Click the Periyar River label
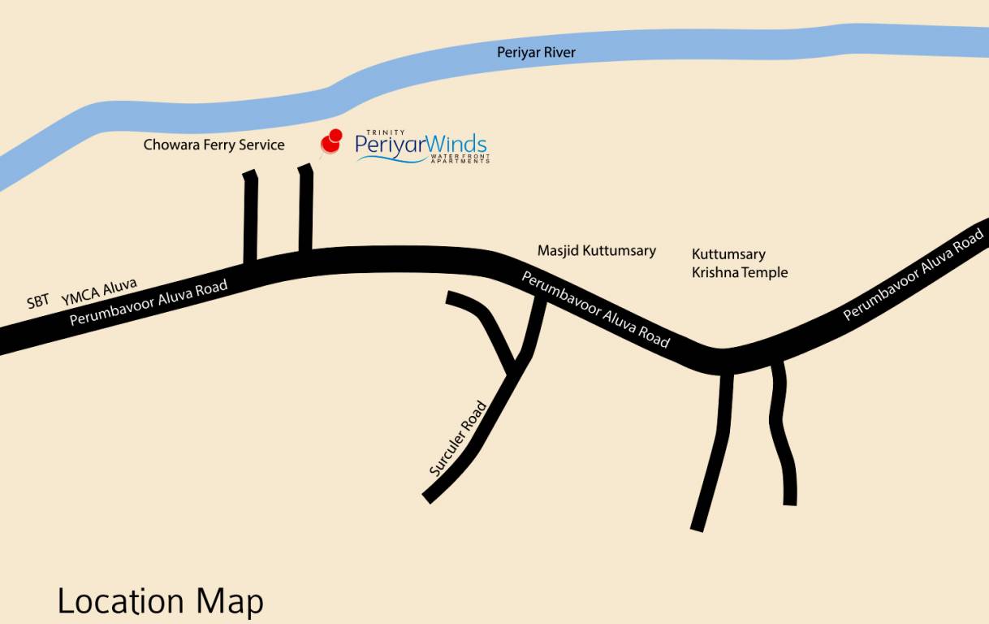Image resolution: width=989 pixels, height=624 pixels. [536, 53]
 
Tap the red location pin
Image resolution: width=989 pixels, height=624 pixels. [331, 141]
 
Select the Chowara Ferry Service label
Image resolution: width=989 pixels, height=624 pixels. [214, 145]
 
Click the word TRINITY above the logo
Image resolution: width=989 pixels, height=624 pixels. [385, 132]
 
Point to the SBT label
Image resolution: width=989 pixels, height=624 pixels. [38, 301]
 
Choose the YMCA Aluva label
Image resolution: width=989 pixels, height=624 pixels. [99, 292]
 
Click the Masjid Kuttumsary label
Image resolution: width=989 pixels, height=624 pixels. [596, 250]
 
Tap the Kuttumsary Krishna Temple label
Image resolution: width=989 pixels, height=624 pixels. [739, 263]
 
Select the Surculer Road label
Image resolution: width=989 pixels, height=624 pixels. [459, 439]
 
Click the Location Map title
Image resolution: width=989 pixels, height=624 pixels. [160, 601]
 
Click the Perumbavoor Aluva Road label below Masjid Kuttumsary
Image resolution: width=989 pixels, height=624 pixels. [595, 310]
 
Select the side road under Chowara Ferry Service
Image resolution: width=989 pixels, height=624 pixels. [250, 216]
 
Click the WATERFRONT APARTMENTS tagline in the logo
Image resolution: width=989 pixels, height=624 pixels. [460, 158]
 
